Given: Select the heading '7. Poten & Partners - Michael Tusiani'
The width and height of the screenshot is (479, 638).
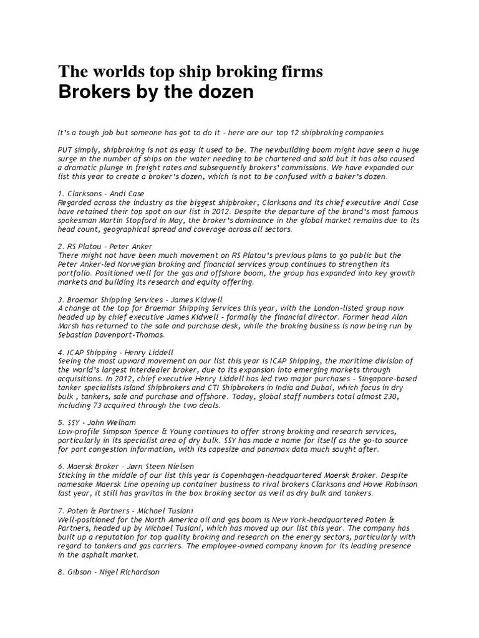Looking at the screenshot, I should tap(125, 511).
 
